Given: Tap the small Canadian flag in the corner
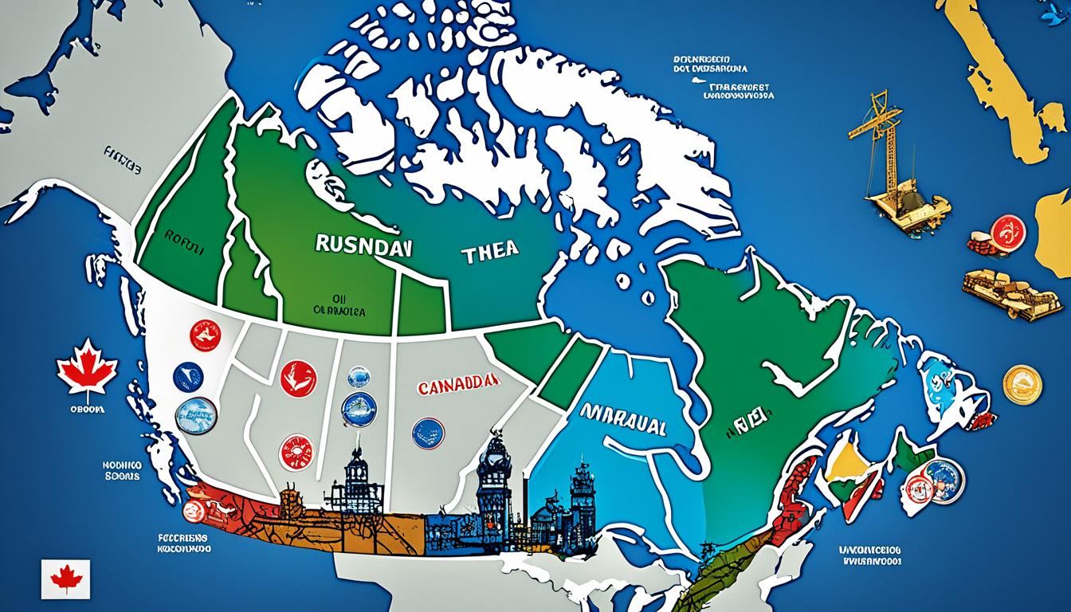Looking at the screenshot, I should click(66, 579).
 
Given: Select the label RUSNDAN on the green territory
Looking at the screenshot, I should click(363, 245).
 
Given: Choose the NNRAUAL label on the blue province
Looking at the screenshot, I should click(622, 425).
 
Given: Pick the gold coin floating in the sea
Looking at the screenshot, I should click(1022, 384).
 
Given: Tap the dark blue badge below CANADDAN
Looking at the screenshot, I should click(428, 433).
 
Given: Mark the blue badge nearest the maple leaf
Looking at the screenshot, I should click(188, 377).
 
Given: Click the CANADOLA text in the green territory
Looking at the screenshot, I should click(339, 312).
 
